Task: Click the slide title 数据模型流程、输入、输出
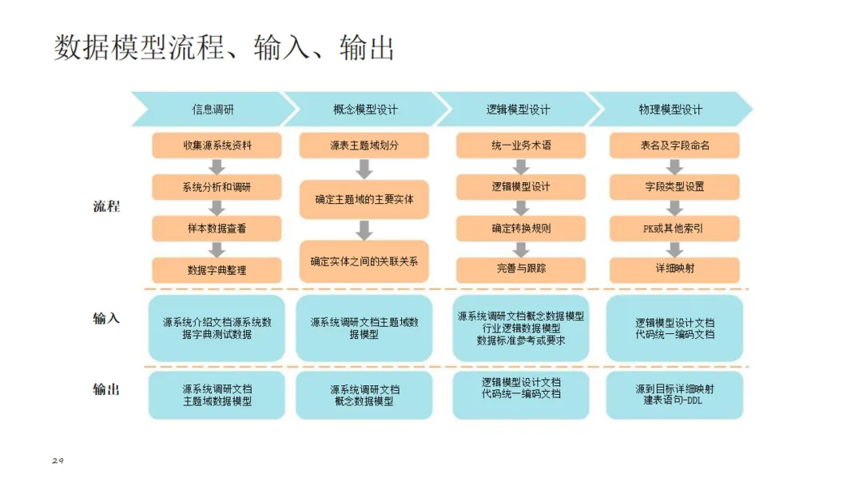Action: click(225, 48)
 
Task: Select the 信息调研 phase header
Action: click(213, 110)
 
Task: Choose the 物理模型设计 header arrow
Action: click(670, 110)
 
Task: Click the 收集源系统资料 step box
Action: click(217, 145)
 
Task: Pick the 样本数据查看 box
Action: click(217, 228)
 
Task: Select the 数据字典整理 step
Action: click(217, 269)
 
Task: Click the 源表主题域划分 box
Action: click(364, 145)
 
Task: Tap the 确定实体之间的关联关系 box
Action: click(364, 261)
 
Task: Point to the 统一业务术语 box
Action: click(521, 145)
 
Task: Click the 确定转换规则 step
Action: click(521, 228)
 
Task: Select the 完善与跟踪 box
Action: click(521, 269)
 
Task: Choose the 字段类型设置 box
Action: click(674, 186)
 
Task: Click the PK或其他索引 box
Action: click(674, 228)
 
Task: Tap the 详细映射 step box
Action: click(674, 269)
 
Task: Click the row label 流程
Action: click(106, 207)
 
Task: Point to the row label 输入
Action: click(106, 318)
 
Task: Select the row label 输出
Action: click(106, 389)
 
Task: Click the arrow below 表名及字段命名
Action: click(674, 166)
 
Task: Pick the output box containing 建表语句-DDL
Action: click(674, 395)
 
